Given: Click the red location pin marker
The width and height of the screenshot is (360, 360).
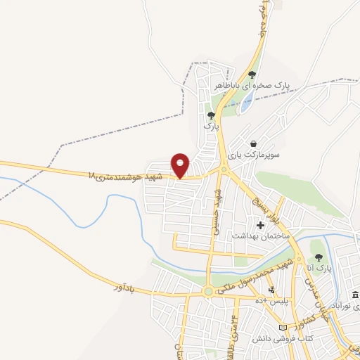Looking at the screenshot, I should point(181,166).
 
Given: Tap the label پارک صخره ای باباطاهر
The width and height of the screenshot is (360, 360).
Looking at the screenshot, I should point(262,85).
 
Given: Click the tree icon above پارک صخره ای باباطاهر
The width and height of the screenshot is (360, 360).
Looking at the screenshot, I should point(252,73).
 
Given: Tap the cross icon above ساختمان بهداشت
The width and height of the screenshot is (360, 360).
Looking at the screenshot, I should point(261,226).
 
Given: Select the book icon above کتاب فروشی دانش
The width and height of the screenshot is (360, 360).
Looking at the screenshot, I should point(284,328).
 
